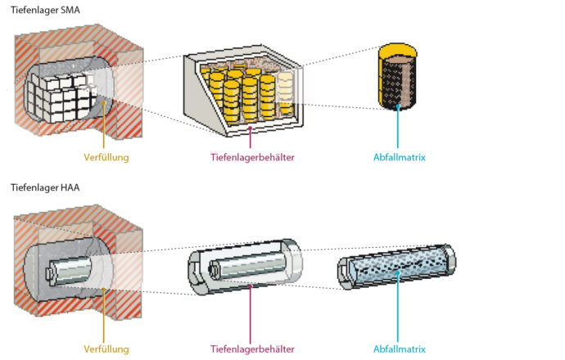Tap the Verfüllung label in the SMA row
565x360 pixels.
[106, 157]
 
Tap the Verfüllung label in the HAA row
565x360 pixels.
[106, 349]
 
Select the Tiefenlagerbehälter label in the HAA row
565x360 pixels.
[252, 349]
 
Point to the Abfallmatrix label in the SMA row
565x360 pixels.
[399, 157]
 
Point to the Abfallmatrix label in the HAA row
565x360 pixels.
[399, 349]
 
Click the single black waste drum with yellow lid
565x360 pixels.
[399, 82]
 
